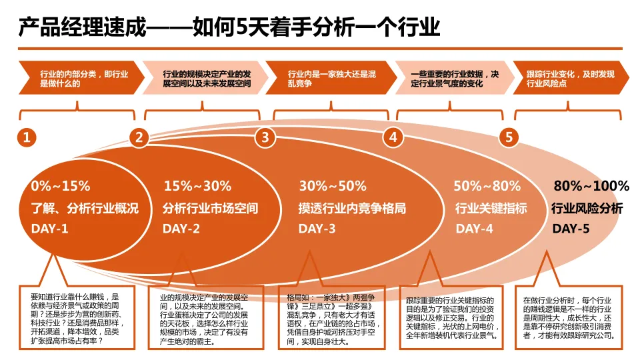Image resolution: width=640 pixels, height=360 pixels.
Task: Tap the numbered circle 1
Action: pos(26,138)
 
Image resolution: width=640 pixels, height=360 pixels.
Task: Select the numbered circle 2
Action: pos(139,138)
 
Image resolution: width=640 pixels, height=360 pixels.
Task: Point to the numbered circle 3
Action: pos(265,138)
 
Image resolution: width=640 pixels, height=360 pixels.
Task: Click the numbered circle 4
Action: pos(393,138)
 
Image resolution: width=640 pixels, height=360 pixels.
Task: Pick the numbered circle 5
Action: pos(509,138)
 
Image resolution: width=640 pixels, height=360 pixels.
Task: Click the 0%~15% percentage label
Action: pos(61,186)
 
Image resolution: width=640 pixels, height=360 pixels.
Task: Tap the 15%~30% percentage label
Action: pos(197,186)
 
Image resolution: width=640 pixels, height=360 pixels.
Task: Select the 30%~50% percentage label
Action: pos(332,186)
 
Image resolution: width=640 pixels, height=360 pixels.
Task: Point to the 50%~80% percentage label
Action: pos(487,186)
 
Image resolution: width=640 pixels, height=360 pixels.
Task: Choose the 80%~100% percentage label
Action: pos(592,186)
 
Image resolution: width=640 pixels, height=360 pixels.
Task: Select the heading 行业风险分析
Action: pos(587,209)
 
